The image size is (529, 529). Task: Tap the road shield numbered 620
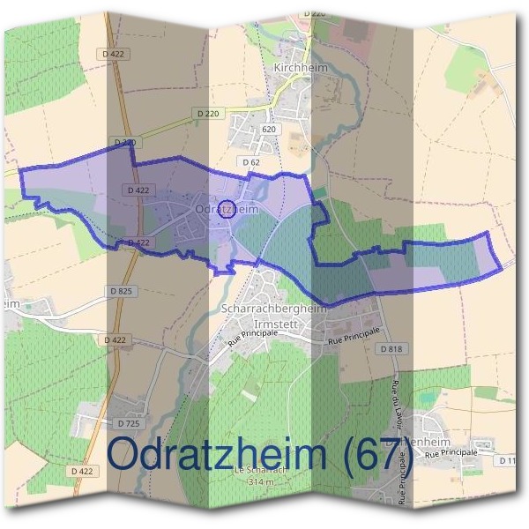coord(269,129)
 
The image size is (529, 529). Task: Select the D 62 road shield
coord(250,162)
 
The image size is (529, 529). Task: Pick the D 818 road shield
coord(392,349)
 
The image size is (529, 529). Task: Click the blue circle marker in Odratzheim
coord(227,210)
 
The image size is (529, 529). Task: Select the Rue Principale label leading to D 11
coord(451,452)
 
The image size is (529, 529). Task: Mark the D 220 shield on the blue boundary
coord(125,142)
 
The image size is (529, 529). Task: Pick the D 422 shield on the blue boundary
coord(136,242)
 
